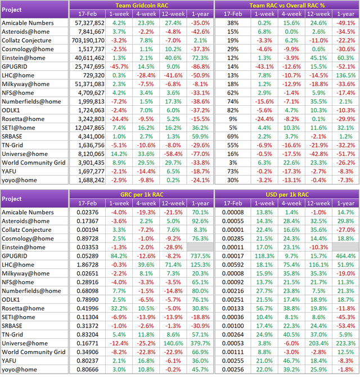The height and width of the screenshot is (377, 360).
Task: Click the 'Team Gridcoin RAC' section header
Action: [142, 5]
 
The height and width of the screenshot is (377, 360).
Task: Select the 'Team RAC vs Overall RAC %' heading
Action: [287, 5]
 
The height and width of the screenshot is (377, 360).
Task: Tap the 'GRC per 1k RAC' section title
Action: [142, 195]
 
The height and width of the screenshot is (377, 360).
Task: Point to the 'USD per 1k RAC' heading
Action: [287, 195]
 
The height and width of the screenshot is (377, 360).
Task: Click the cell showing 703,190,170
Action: [88, 41]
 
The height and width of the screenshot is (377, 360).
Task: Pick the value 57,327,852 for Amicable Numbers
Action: [89, 23]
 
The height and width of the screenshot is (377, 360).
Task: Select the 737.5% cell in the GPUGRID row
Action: [200, 256]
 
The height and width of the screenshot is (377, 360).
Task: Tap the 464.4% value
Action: [345, 256]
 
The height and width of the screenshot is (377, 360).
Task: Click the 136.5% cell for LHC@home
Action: [345, 75]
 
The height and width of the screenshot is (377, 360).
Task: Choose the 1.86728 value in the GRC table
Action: [88, 264]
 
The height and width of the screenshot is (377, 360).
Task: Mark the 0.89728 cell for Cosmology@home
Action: [88, 239]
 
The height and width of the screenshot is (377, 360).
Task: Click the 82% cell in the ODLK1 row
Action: [233, 110]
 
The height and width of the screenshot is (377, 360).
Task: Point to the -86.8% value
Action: [200, 66]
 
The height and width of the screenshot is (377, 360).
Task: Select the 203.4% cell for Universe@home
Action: [318, 343]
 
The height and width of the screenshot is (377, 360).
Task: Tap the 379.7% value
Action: [200, 343]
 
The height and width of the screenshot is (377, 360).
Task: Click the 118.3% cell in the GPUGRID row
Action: [264, 256]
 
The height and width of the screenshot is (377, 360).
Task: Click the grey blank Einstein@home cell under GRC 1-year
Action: [200, 247]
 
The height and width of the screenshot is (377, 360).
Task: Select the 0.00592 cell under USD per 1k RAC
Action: [233, 264]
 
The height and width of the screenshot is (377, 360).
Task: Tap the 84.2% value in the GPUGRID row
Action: [119, 256]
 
